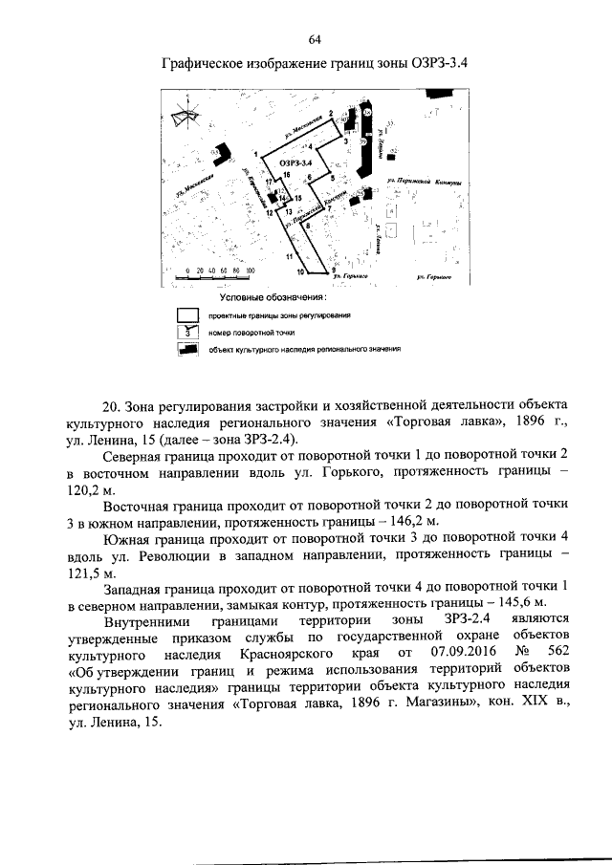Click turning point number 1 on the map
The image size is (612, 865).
point(257,154)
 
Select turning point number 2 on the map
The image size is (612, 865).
point(331,114)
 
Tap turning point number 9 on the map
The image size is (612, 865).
point(333,270)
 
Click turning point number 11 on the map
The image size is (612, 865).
point(288,257)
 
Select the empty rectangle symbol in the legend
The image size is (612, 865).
point(187,314)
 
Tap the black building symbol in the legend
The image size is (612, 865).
point(187,349)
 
